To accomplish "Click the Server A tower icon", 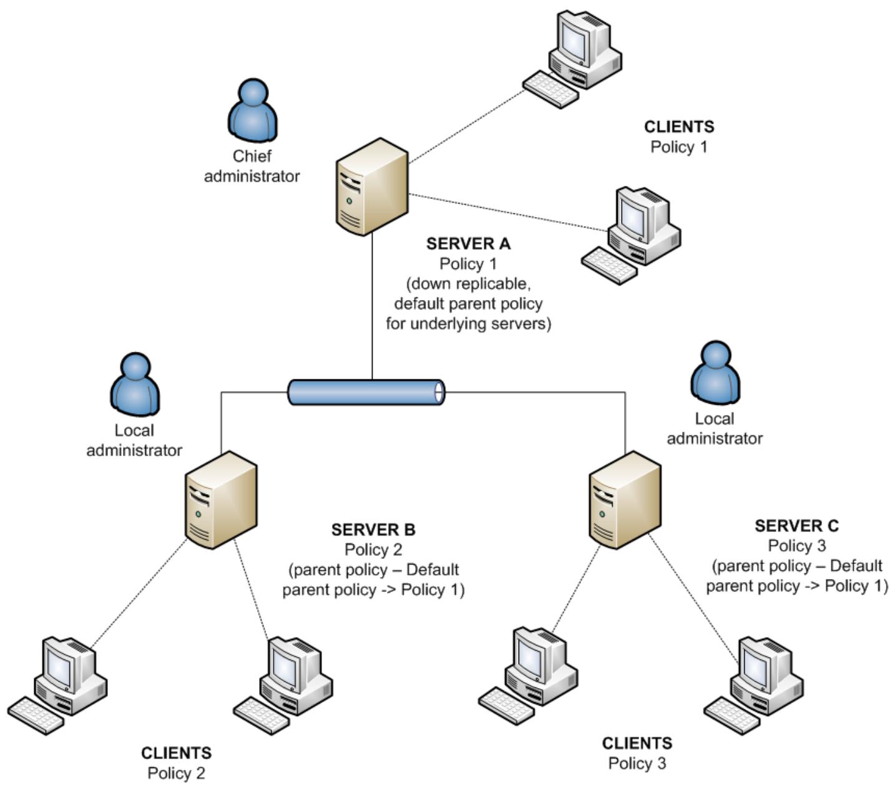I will [x=372, y=187].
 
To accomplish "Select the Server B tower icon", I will [x=221, y=500].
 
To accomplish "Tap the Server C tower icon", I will [x=625, y=500].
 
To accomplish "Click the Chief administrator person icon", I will [x=252, y=110].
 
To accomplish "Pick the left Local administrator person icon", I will [x=135, y=384].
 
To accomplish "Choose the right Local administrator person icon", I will [x=715, y=372].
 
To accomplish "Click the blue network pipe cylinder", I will [x=366, y=392].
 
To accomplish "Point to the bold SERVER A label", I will [x=468, y=243].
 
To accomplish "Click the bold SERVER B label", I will [x=373, y=530].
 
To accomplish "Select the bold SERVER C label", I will [x=796, y=526].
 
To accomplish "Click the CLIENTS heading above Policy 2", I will [x=176, y=753].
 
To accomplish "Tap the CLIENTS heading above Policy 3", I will [x=637, y=743].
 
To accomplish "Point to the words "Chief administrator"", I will [x=252, y=166].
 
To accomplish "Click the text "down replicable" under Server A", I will [x=468, y=284].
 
